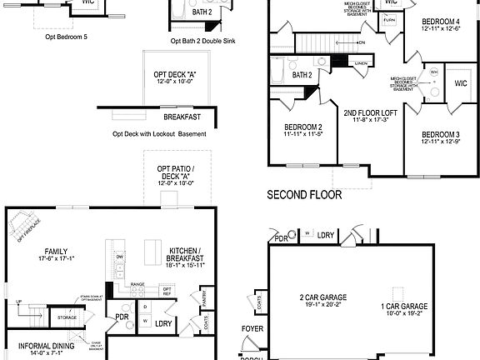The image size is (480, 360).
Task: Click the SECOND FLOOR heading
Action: tap(304, 197)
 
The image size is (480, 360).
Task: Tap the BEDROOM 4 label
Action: tap(440, 20)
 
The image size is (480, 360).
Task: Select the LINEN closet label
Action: tap(360, 64)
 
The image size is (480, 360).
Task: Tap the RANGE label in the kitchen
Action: tap(137, 285)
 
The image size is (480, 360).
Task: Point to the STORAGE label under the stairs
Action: tap(67, 317)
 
